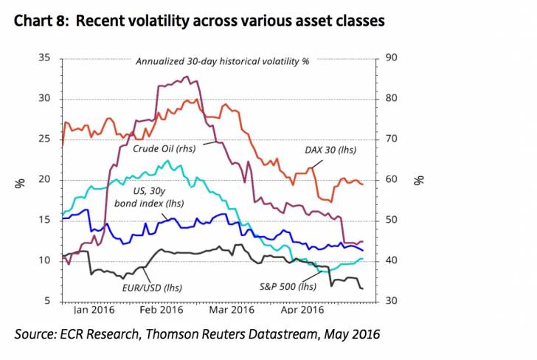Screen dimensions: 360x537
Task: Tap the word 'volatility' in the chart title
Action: [163, 21]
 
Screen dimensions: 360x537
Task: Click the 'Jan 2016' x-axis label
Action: [95, 311]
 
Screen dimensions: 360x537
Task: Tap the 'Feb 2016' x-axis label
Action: [162, 311]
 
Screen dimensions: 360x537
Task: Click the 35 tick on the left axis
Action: [44, 58]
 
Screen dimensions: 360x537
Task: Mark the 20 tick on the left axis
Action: [44, 180]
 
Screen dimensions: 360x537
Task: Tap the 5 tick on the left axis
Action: [46, 301]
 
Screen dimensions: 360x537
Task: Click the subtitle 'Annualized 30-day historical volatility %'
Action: [222, 61]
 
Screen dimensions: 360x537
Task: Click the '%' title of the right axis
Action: [418, 179]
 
